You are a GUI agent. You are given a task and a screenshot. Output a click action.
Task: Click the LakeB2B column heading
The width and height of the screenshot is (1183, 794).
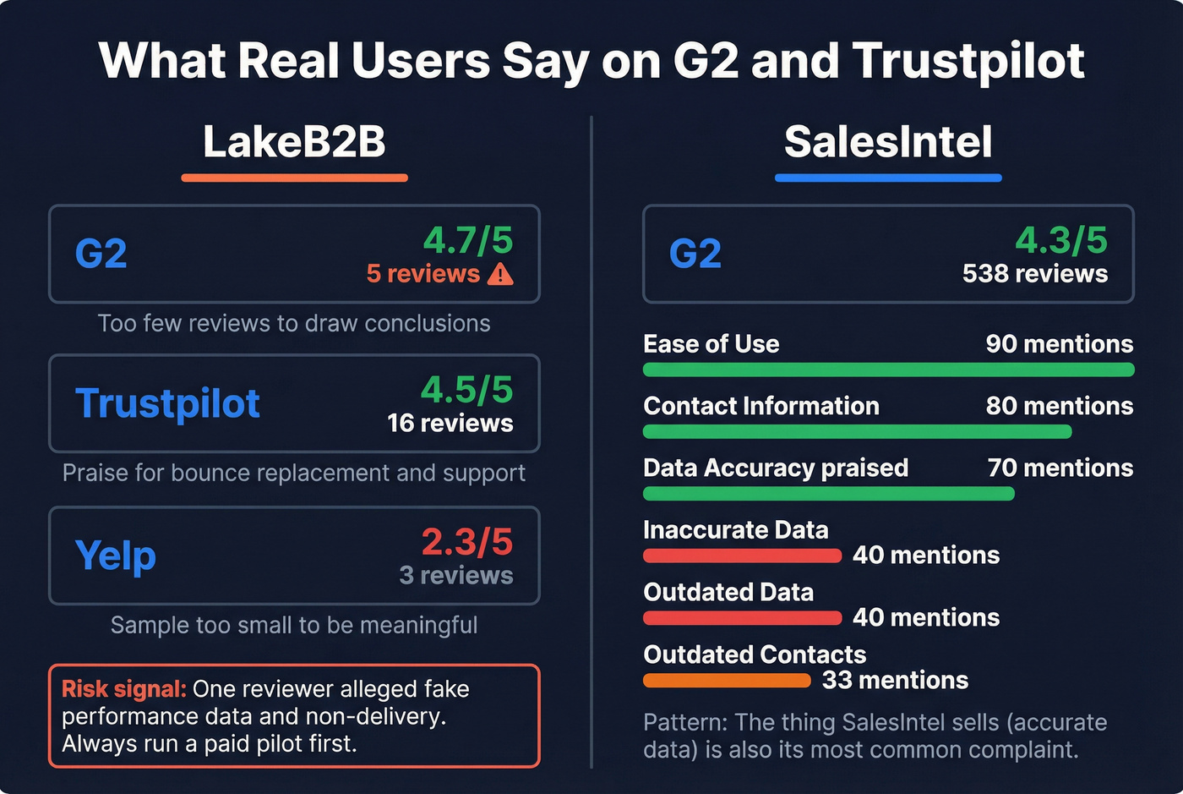click(x=294, y=141)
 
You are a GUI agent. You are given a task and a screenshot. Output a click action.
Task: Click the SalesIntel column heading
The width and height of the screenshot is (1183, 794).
click(x=888, y=141)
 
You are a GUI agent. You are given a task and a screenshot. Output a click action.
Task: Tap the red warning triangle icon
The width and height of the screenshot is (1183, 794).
click(x=500, y=274)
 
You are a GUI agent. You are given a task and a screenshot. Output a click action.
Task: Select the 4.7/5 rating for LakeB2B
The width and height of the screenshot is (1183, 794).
click(x=468, y=240)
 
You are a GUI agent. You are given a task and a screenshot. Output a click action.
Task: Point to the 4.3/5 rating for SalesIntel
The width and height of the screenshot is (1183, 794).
click(x=1061, y=240)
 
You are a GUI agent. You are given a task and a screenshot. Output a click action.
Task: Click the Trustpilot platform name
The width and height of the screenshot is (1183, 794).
click(x=167, y=403)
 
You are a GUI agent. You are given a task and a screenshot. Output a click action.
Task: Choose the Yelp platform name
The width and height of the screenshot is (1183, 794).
click(x=116, y=556)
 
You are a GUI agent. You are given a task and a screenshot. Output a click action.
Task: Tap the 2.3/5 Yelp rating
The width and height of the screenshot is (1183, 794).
click(x=467, y=542)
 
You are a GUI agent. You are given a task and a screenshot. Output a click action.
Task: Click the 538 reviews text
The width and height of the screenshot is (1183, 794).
click(x=1035, y=274)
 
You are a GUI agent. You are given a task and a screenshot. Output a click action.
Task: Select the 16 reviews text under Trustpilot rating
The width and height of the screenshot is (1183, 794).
click(x=450, y=423)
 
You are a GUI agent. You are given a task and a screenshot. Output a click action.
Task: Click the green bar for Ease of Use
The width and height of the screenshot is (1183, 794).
click(x=888, y=370)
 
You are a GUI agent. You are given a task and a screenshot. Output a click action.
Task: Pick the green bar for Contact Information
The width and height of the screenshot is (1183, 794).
click(x=857, y=432)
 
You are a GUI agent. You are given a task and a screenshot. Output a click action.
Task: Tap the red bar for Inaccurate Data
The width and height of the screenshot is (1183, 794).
click(x=742, y=556)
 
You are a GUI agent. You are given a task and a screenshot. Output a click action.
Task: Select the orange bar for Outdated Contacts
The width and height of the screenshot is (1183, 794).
click(x=727, y=681)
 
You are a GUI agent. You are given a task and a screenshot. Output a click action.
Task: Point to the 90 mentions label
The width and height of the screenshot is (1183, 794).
click(x=1060, y=344)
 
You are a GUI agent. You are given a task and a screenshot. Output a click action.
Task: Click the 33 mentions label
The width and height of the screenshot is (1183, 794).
click(x=896, y=680)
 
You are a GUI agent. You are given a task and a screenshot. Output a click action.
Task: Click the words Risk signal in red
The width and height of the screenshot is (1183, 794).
click(x=123, y=689)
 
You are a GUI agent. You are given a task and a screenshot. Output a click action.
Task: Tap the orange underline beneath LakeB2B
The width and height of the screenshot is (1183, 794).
click(x=294, y=178)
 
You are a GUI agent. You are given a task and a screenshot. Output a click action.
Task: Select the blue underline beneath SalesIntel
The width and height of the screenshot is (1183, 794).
click(x=888, y=178)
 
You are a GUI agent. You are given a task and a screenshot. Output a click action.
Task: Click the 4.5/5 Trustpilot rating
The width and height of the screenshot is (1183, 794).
click(x=467, y=390)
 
